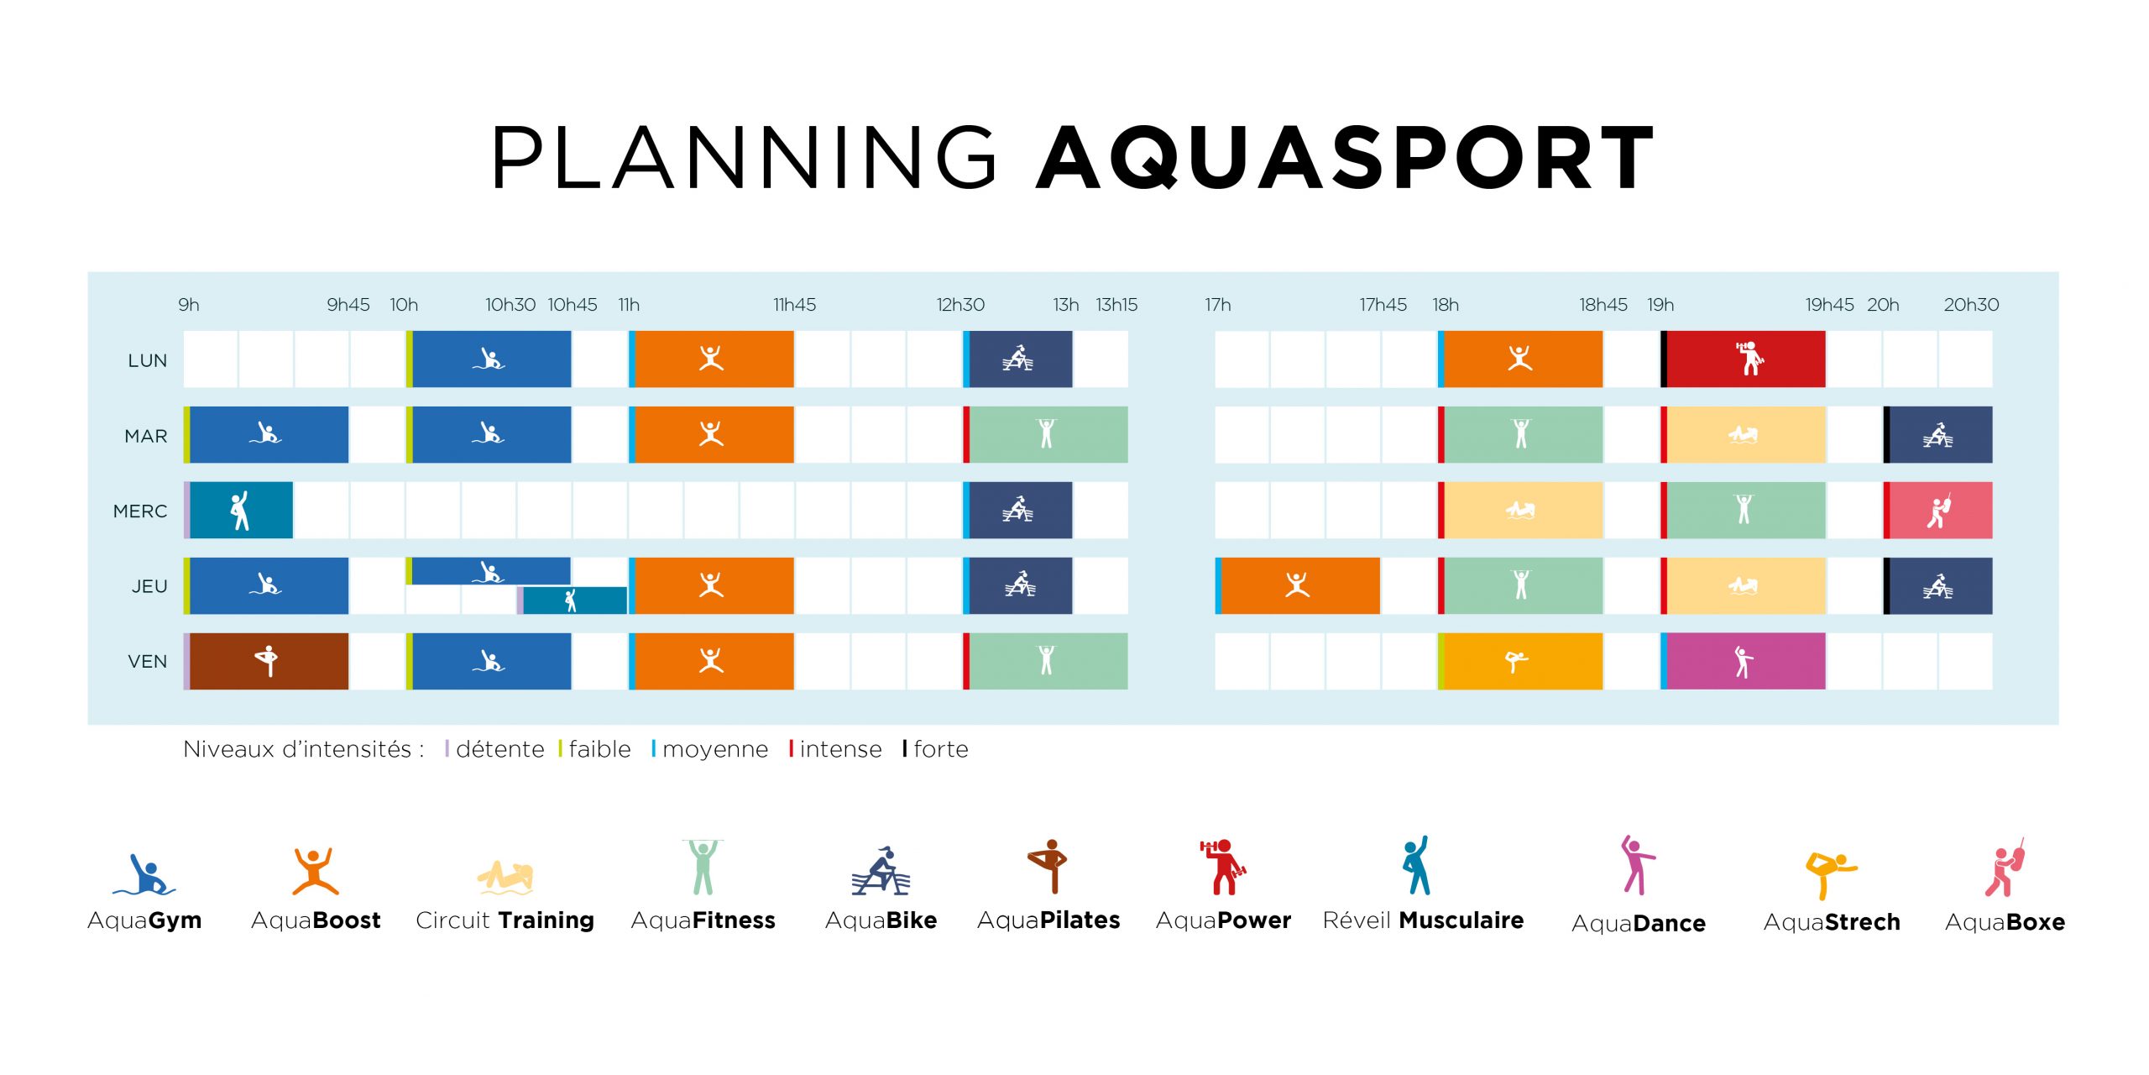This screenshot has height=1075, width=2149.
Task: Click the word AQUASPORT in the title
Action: tap(1346, 158)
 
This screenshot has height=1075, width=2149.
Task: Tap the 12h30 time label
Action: tap(960, 305)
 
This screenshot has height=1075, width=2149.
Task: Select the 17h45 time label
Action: tap(1383, 305)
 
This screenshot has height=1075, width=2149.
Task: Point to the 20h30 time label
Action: tap(1971, 305)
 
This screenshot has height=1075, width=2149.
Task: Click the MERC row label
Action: tap(140, 511)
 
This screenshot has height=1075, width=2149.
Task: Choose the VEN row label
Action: tap(148, 661)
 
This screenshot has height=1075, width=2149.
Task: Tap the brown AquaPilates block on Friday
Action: tap(266, 661)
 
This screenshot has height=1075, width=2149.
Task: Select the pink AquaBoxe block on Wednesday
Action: tap(1937, 510)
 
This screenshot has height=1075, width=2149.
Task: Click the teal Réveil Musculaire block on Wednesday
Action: tap(238, 510)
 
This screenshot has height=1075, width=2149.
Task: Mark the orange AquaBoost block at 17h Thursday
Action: tap(1297, 585)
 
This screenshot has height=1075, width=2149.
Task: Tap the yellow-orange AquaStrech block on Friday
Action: tap(1520, 661)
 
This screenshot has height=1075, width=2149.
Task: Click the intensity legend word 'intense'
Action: tap(840, 749)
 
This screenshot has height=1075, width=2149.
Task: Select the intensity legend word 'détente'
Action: tap(500, 749)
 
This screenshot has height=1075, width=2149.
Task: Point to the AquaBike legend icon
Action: tap(881, 871)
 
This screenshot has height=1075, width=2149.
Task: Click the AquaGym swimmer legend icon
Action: tap(144, 874)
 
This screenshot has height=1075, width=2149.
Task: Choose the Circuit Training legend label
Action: tap(505, 920)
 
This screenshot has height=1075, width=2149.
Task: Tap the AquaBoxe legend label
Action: tap(2005, 922)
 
